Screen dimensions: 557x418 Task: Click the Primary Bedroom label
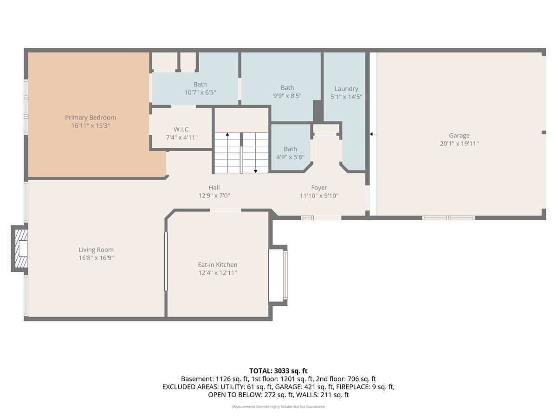coord(91,118)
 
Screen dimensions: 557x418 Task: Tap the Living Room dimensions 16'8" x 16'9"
coord(96,258)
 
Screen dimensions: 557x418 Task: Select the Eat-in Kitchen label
coord(218,265)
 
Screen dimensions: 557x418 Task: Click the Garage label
coord(459,136)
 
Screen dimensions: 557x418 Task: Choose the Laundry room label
coord(346,89)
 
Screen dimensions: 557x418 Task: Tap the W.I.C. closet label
coord(181,130)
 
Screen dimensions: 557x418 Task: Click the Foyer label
coord(319,188)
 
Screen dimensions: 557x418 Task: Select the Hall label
coord(214,188)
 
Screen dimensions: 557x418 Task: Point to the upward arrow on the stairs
coord(227,153)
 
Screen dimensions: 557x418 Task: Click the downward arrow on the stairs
coord(256,153)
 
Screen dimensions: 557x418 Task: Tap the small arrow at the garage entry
coord(373,134)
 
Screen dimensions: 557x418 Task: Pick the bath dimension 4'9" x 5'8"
coord(290,157)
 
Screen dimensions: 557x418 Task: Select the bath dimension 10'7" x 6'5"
coord(200,92)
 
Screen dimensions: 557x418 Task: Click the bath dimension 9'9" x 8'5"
coord(287,96)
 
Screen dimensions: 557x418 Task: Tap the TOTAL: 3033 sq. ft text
coord(278,371)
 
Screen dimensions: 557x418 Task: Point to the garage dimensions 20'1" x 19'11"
coord(459,144)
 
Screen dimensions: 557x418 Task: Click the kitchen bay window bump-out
coord(278,275)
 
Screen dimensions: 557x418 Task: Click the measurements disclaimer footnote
coord(278,406)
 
